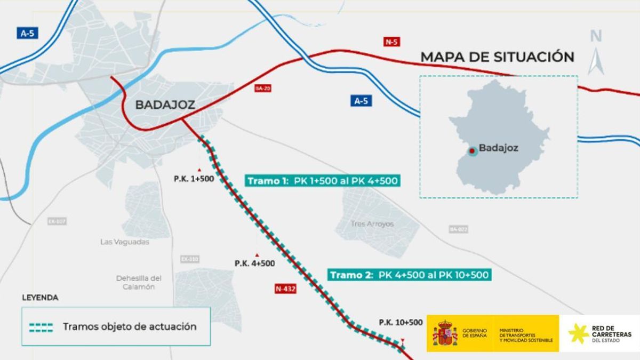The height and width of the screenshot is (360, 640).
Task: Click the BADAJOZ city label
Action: [165, 105]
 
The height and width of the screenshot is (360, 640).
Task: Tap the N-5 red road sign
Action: [391, 42]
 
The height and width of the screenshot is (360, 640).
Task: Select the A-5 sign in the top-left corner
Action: [27, 33]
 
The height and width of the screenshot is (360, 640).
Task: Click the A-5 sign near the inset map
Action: [361, 101]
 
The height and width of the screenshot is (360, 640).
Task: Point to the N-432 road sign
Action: [285, 289]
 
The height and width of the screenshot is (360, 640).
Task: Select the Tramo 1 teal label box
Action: [323, 181]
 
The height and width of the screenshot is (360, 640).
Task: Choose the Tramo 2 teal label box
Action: [409, 275]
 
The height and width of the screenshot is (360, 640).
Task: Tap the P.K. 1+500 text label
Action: [194, 179]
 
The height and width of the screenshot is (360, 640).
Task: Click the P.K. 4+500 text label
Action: [254, 263]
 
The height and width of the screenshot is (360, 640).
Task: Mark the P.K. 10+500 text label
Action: [401, 322]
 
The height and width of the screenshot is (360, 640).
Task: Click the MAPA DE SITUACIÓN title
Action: [497, 57]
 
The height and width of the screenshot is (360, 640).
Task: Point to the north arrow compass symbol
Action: [596, 53]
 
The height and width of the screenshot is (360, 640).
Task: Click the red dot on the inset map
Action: [471, 151]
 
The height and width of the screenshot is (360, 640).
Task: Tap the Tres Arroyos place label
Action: [372, 224]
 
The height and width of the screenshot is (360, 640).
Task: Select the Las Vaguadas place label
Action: [125, 242]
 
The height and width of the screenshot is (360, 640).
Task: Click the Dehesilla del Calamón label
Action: [139, 282]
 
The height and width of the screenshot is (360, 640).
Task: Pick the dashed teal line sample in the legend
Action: [41, 327]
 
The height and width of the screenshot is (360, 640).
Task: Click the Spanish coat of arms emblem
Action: [445, 333]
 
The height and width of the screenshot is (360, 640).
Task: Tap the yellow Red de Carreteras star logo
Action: [578, 333]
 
